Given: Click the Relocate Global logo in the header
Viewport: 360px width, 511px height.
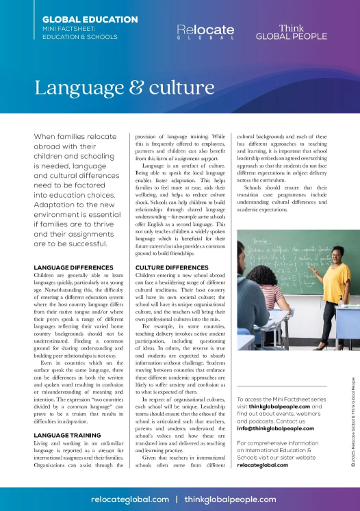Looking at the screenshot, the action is pos(205,31).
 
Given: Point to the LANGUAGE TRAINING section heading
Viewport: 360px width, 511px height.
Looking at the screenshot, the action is pos(69,435).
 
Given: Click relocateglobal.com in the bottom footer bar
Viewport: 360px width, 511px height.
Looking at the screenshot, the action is pos(130,500).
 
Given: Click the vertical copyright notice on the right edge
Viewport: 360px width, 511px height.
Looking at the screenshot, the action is pos(352,423).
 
